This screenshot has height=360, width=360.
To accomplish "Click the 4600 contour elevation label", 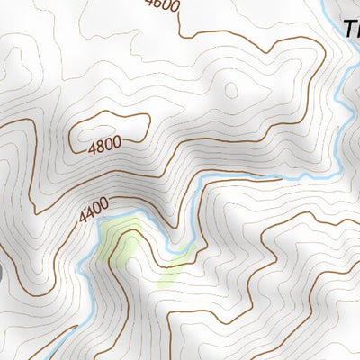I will tap(162, 4).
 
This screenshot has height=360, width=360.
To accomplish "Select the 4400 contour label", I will tap(94, 211).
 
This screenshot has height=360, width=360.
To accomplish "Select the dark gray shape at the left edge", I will tap(2, 269).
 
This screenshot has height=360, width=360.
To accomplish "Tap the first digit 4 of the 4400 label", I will tap(83, 219).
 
